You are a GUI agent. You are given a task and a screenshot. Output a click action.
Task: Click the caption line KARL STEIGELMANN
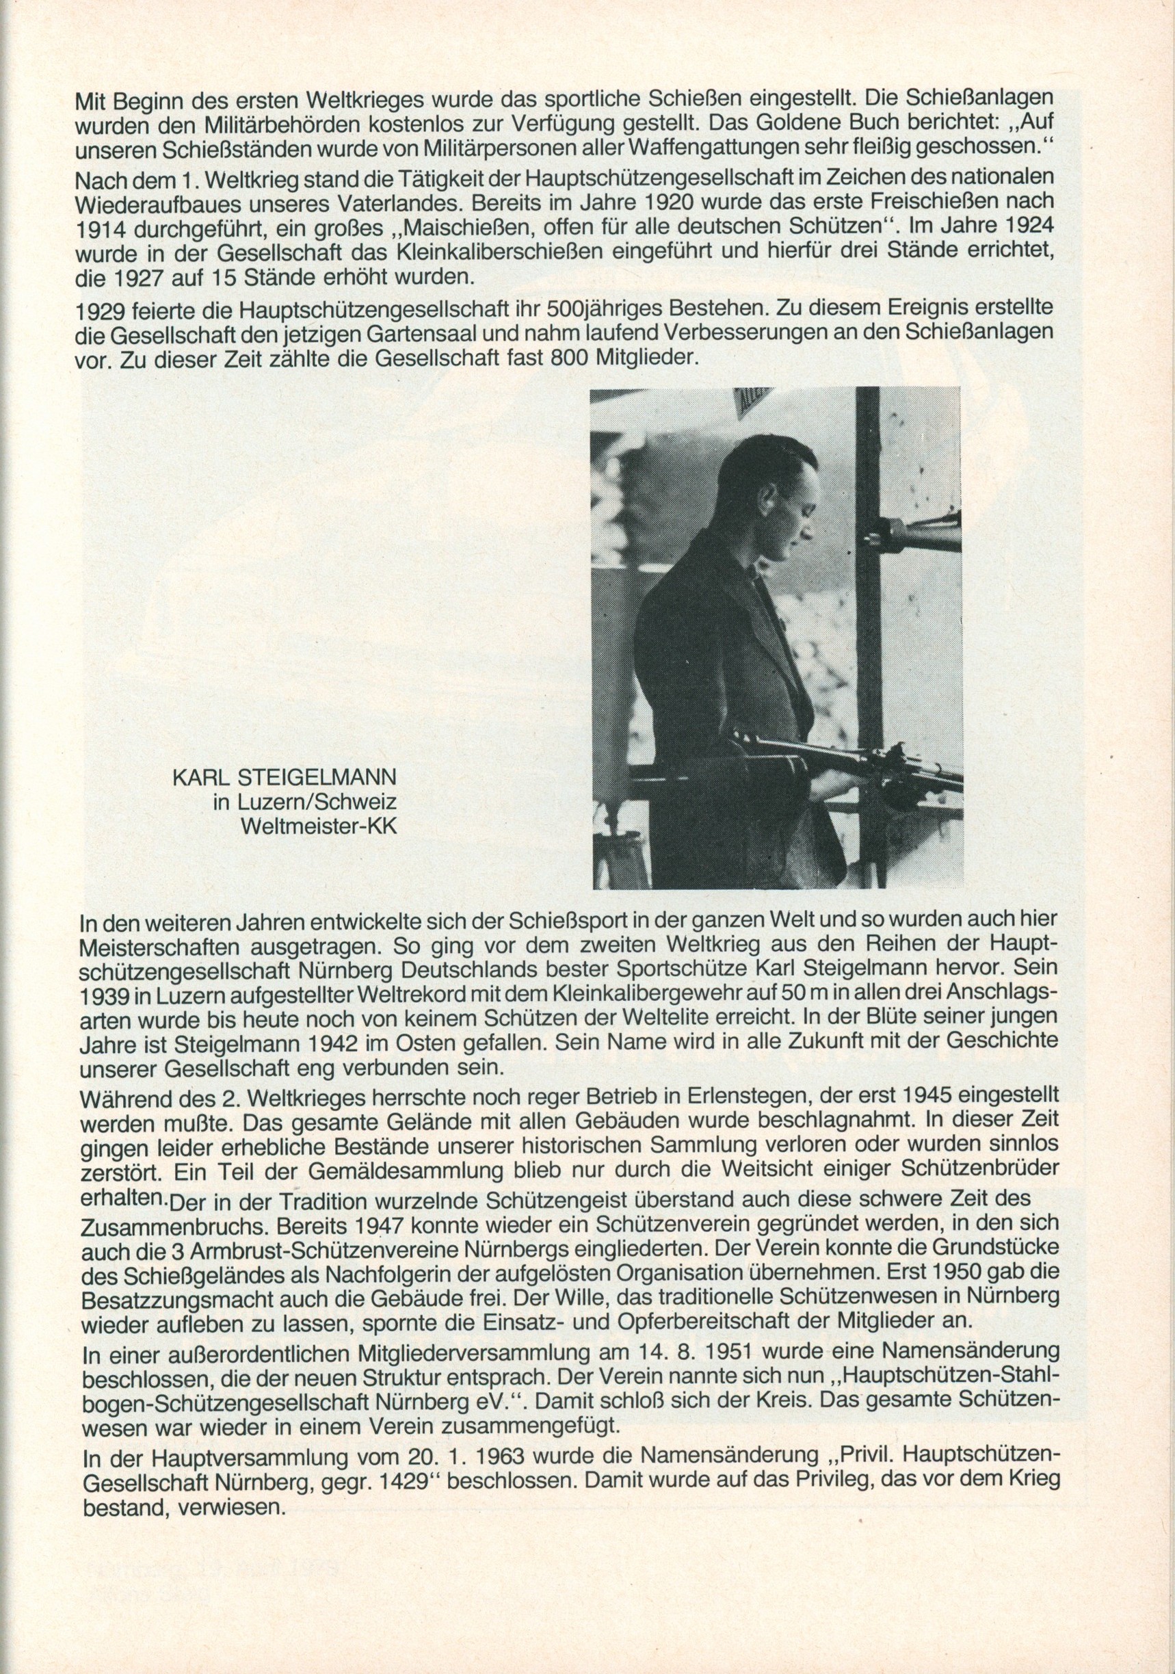pos(285,776)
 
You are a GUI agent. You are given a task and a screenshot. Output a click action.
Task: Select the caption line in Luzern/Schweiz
pos(304,802)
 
